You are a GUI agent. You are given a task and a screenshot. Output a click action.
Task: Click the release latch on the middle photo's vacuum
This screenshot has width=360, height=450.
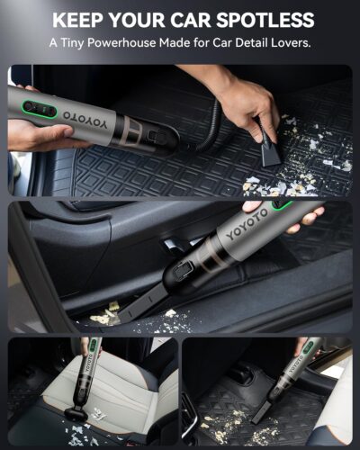tap(182, 269)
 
